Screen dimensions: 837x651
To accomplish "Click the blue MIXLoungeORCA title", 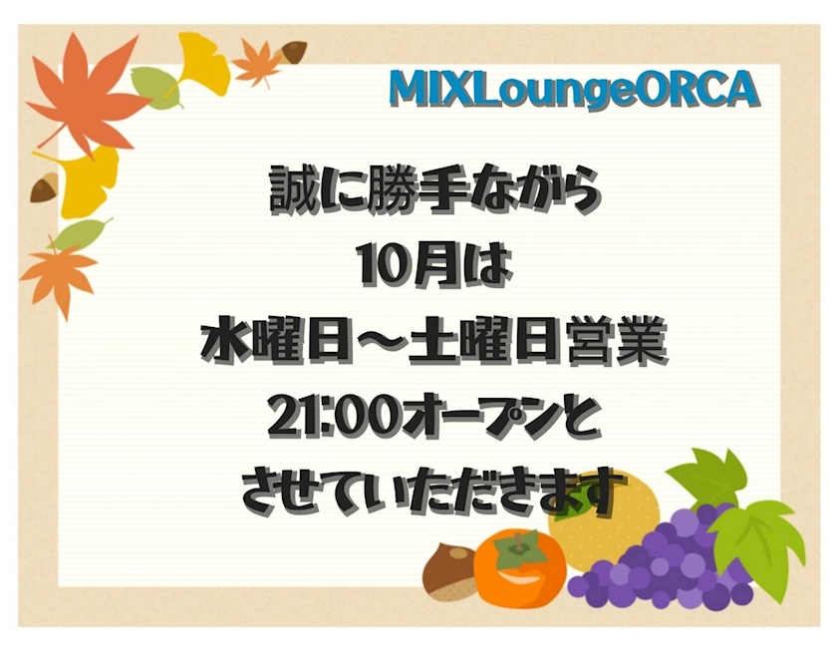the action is (574, 89).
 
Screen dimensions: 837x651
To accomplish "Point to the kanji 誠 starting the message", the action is (293, 189).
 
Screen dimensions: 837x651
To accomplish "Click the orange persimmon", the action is (520, 566).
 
